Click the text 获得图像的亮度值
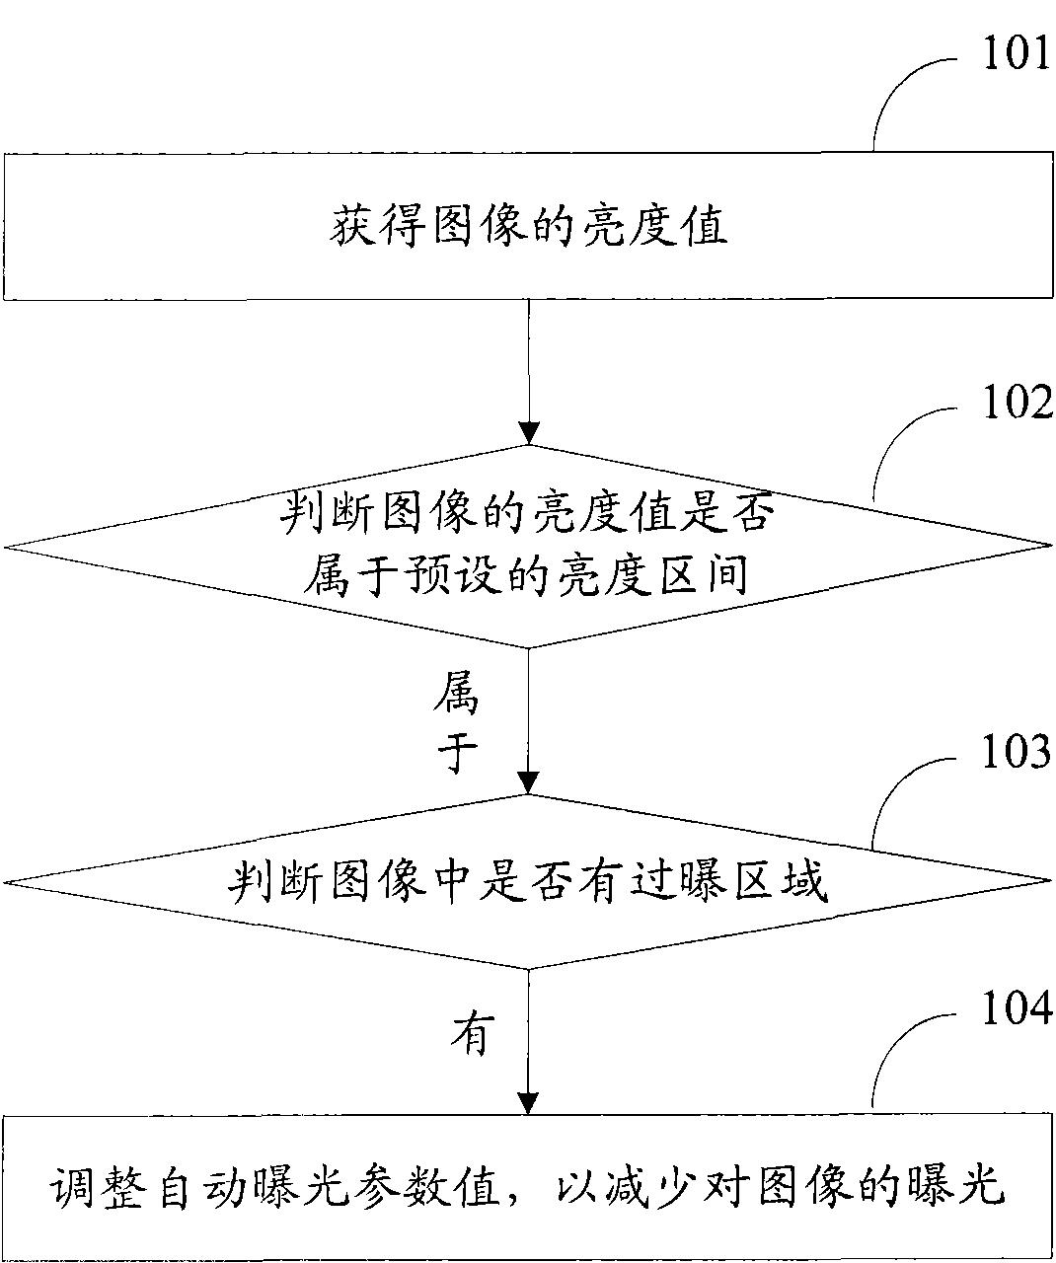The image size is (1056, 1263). (528, 227)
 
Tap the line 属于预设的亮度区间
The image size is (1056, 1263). (528, 574)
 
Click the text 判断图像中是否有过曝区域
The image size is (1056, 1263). (528, 880)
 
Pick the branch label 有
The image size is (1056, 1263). (472, 1035)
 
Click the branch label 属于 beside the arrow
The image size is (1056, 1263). (456, 726)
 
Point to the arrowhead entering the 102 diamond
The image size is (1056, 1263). (529, 432)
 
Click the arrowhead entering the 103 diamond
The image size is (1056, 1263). (529, 781)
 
